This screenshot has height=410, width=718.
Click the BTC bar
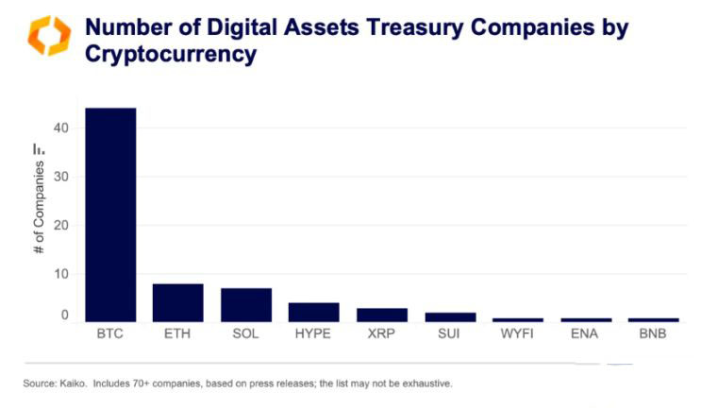(110, 214)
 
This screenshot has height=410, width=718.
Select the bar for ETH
(177, 302)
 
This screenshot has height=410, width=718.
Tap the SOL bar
(245, 304)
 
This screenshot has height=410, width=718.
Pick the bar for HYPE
(313, 312)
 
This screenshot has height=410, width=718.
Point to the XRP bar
(381, 315)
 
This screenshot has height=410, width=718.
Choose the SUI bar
(449, 316)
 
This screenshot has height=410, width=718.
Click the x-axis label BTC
(109, 333)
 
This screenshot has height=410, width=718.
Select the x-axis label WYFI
(517, 333)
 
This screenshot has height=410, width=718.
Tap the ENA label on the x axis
(585, 333)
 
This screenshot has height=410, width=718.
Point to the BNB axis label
(653, 333)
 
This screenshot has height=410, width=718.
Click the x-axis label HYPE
(313, 333)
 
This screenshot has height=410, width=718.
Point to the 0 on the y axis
(65, 316)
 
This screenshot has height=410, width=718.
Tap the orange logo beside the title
(48, 36)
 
